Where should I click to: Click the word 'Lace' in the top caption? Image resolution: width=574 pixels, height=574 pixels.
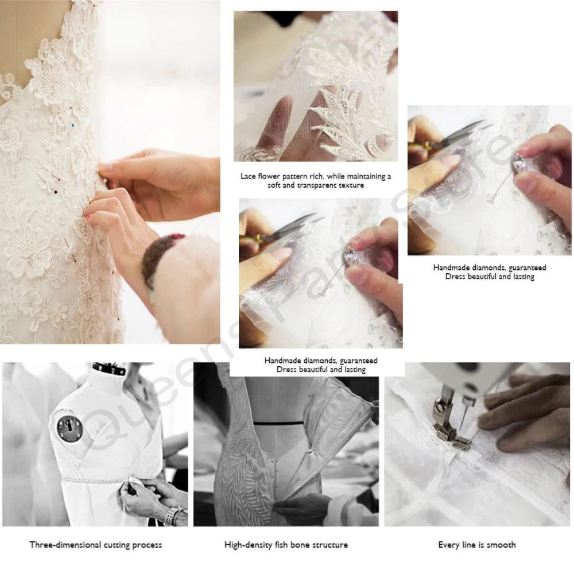click(248, 176)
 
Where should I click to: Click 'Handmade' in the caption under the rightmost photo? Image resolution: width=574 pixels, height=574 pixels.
click(451, 267)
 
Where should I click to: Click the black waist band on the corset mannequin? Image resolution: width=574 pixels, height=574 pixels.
click(278, 423)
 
